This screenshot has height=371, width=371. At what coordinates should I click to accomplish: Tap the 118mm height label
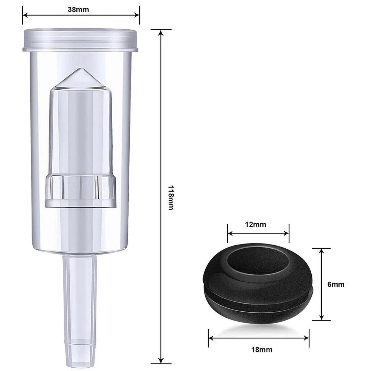[x=170, y=198]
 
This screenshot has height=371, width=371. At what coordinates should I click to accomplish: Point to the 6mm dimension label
[x=336, y=284]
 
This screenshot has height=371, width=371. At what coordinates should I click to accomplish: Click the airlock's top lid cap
[x=80, y=39]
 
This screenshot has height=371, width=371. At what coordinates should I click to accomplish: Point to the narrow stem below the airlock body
[x=80, y=289]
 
